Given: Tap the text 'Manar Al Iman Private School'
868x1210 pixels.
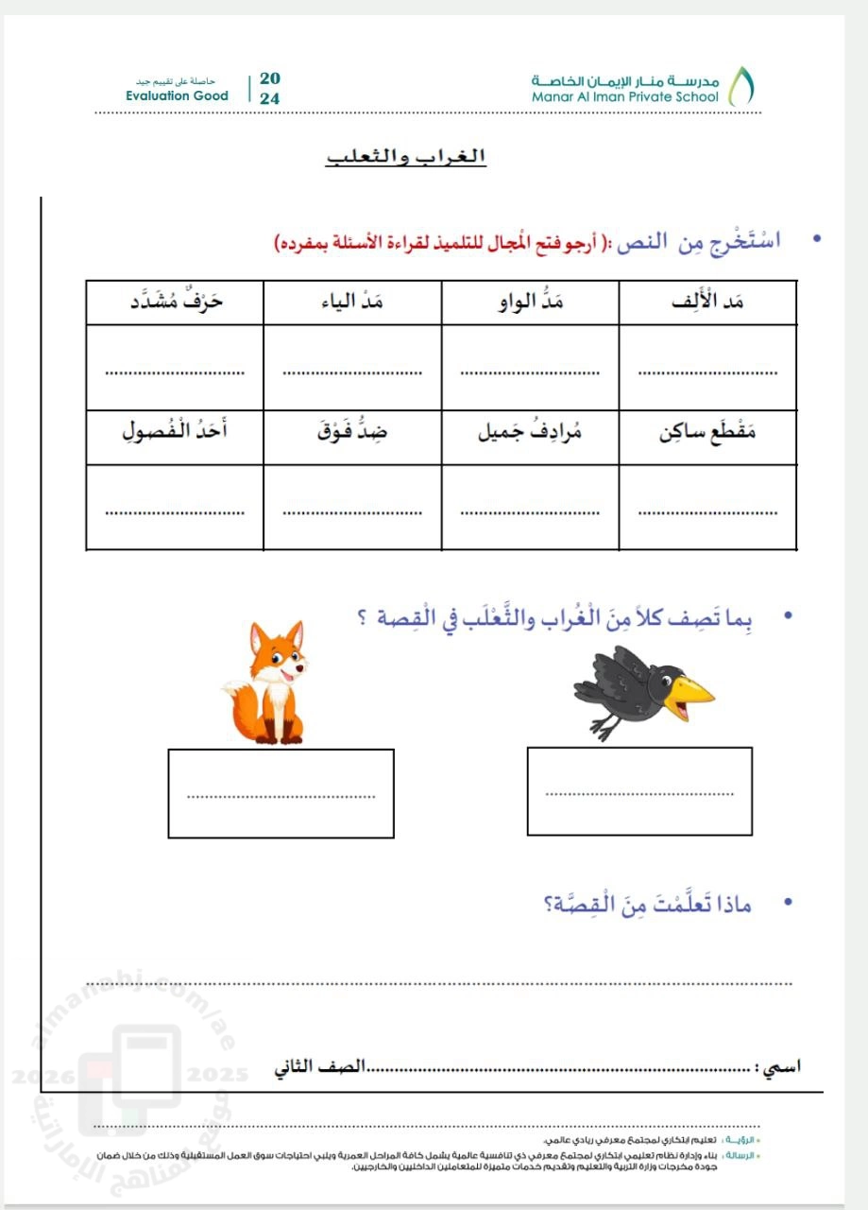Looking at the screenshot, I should click(624, 96).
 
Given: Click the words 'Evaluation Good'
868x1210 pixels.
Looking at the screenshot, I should click(177, 96).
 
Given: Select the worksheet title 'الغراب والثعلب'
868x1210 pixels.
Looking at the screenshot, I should click(406, 156).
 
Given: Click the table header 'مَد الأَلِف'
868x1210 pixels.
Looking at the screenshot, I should click(708, 302).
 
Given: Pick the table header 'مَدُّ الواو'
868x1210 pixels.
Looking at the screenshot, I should click(530, 302).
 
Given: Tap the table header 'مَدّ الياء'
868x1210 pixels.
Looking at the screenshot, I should click(352, 302).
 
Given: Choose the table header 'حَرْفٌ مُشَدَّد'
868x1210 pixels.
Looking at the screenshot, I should click(176, 302).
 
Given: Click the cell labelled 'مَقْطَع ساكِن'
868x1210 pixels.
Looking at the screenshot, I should click(707, 436).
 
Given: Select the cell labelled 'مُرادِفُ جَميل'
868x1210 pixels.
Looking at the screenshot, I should click(530, 436).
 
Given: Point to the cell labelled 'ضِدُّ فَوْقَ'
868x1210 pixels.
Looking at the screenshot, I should click(352, 436).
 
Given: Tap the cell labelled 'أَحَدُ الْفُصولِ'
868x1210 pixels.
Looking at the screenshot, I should click(176, 436).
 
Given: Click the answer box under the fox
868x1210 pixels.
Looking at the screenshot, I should click(281, 793).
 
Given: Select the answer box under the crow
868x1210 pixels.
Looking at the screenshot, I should click(639, 791).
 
